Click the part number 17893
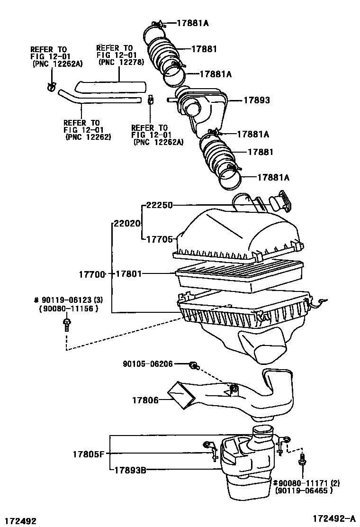pyautogui.click(x=256, y=100)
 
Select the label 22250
pyautogui.click(x=159, y=205)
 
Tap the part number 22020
pyautogui.click(x=127, y=222)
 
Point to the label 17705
pyautogui.click(x=159, y=239)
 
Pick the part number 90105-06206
pyautogui.click(x=147, y=364)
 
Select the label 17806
pyautogui.click(x=145, y=400)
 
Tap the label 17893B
pyautogui.click(x=129, y=470)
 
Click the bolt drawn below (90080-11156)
pyautogui.click(x=67, y=325)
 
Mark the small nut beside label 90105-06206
pyautogui.click(x=194, y=365)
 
